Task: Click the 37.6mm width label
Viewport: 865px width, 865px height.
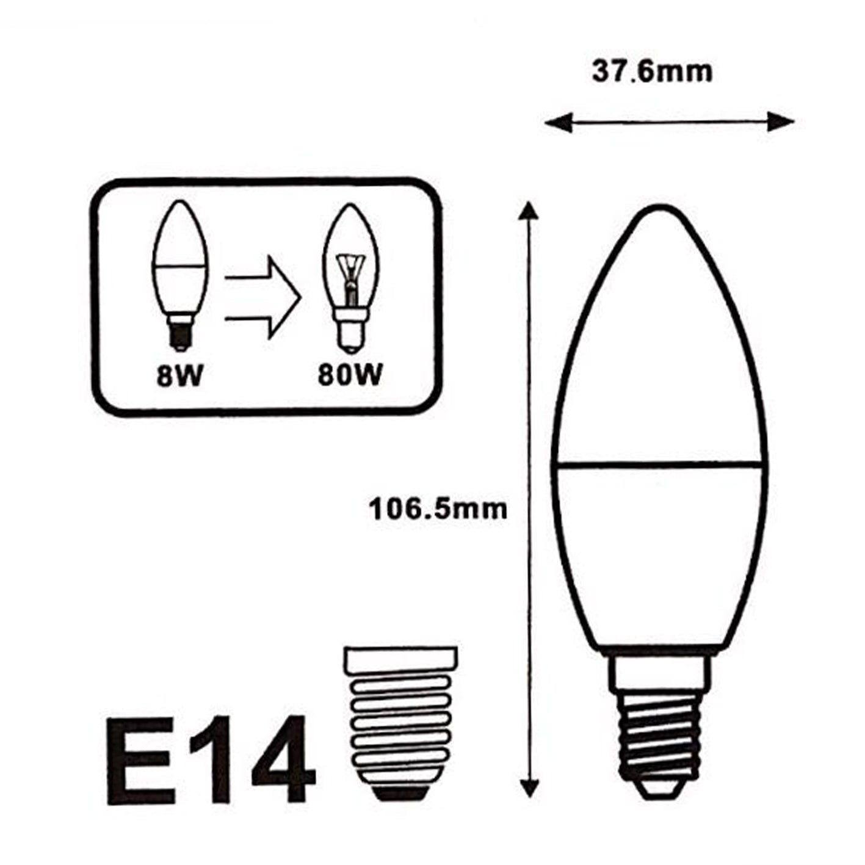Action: click(x=652, y=72)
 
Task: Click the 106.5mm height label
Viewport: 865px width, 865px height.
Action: click(x=438, y=509)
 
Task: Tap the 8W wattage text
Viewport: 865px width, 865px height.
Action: click(x=178, y=376)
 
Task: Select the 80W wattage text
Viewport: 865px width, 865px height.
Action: click(x=350, y=376)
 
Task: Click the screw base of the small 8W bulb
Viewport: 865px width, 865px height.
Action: click(x=179, y=333)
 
